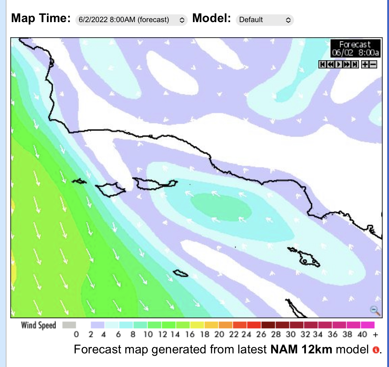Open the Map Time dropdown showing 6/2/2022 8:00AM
[131, 20]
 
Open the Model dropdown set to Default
[264, 20]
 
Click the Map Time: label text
[41, 18]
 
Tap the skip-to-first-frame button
[322, 64]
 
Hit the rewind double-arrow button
[331, 64]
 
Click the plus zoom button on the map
[365, 64]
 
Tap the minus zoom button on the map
[373, 64]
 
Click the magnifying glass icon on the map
[375, 310]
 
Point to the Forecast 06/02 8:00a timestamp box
[355, 48]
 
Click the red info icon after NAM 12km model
[376, 350]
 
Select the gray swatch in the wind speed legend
[69, 325]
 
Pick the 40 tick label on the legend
[362, 335]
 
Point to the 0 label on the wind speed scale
[76, 335]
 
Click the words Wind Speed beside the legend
[38, 325]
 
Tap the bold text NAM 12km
[301, 349]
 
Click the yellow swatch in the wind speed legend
[197, 325]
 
